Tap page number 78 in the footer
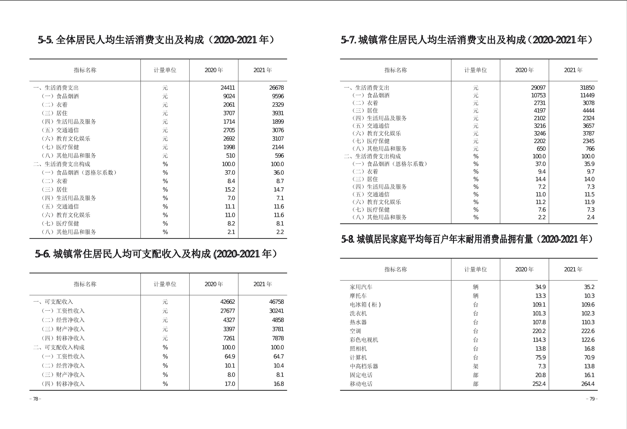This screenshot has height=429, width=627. pyautogui.click(x=35, y=399)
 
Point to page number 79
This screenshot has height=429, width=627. pyautogui.click(x=592, y=399)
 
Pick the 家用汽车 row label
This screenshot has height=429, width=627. pyautogui.click(x=361, y=287)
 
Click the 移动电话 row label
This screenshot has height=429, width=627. pyautogui.click(x=361, y=384)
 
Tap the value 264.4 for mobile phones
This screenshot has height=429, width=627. pyautogui.click(x=588, y=384)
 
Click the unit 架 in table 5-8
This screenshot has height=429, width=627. pyautogui.click(x=475, y=366)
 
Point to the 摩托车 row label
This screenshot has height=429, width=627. pyautogui.click(x=358, y=296)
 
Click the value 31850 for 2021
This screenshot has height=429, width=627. pyautogui.click(x=587, y=88)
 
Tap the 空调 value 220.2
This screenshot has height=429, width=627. pyautogui.click(x=539, y=331)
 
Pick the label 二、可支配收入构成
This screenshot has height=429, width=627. pyautogui.click(x=59, y=347)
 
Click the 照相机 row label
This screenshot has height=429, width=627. pyautogui.click(x=358, y=349)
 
